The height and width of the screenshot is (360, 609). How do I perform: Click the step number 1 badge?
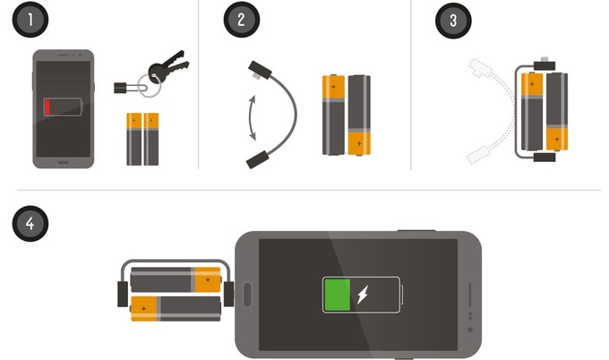(x=30, y=20)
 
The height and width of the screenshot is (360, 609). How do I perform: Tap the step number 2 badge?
(x=241, y=20)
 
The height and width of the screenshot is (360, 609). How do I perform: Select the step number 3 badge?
(x=453, y=21)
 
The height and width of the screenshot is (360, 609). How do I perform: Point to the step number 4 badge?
(x=30, y=224)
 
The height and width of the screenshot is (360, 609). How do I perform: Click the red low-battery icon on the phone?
(x=63, y=107)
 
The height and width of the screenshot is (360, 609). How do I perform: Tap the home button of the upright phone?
(x=64, y=162)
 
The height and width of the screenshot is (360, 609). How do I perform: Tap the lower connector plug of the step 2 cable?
(x=258, y=159)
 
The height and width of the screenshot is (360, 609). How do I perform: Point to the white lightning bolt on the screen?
(x=363, y=295)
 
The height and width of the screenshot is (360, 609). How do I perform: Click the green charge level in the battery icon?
(x=337, y=295)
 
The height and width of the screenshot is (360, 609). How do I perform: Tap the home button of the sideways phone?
(x=247, y=295)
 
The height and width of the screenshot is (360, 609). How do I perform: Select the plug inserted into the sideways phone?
(x=228, y=294)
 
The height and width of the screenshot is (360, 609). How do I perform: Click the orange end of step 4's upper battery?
(x=208, y=279)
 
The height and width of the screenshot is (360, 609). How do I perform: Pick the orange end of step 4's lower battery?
(x=143, y=309)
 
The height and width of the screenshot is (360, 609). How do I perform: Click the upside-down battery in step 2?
(x=359, y=115)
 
